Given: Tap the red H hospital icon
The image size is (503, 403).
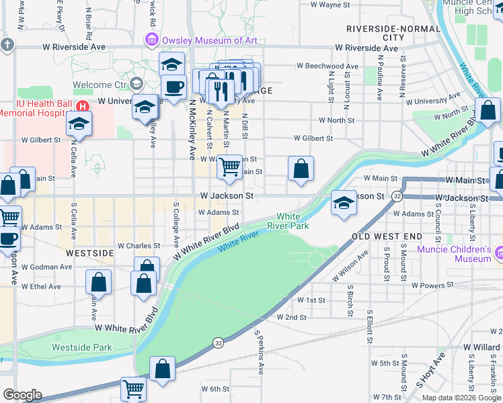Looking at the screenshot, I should (x=83, y=106).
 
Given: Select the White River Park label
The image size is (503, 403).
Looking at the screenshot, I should (x=288, y=221).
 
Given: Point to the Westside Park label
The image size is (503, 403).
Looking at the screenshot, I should (x=82, y=347).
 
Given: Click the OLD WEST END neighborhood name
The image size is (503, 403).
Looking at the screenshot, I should (x=387, y=236).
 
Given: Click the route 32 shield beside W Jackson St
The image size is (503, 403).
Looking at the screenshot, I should (x=398, y=196).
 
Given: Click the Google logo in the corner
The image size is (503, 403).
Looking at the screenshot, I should (x=22, y=395).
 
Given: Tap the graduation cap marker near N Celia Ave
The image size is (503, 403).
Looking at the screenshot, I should (x=79, y=124).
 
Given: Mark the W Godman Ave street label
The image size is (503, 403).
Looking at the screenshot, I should (x=46, y=267).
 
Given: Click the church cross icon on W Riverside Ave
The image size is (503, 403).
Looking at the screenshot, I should (x=7, y=45).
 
